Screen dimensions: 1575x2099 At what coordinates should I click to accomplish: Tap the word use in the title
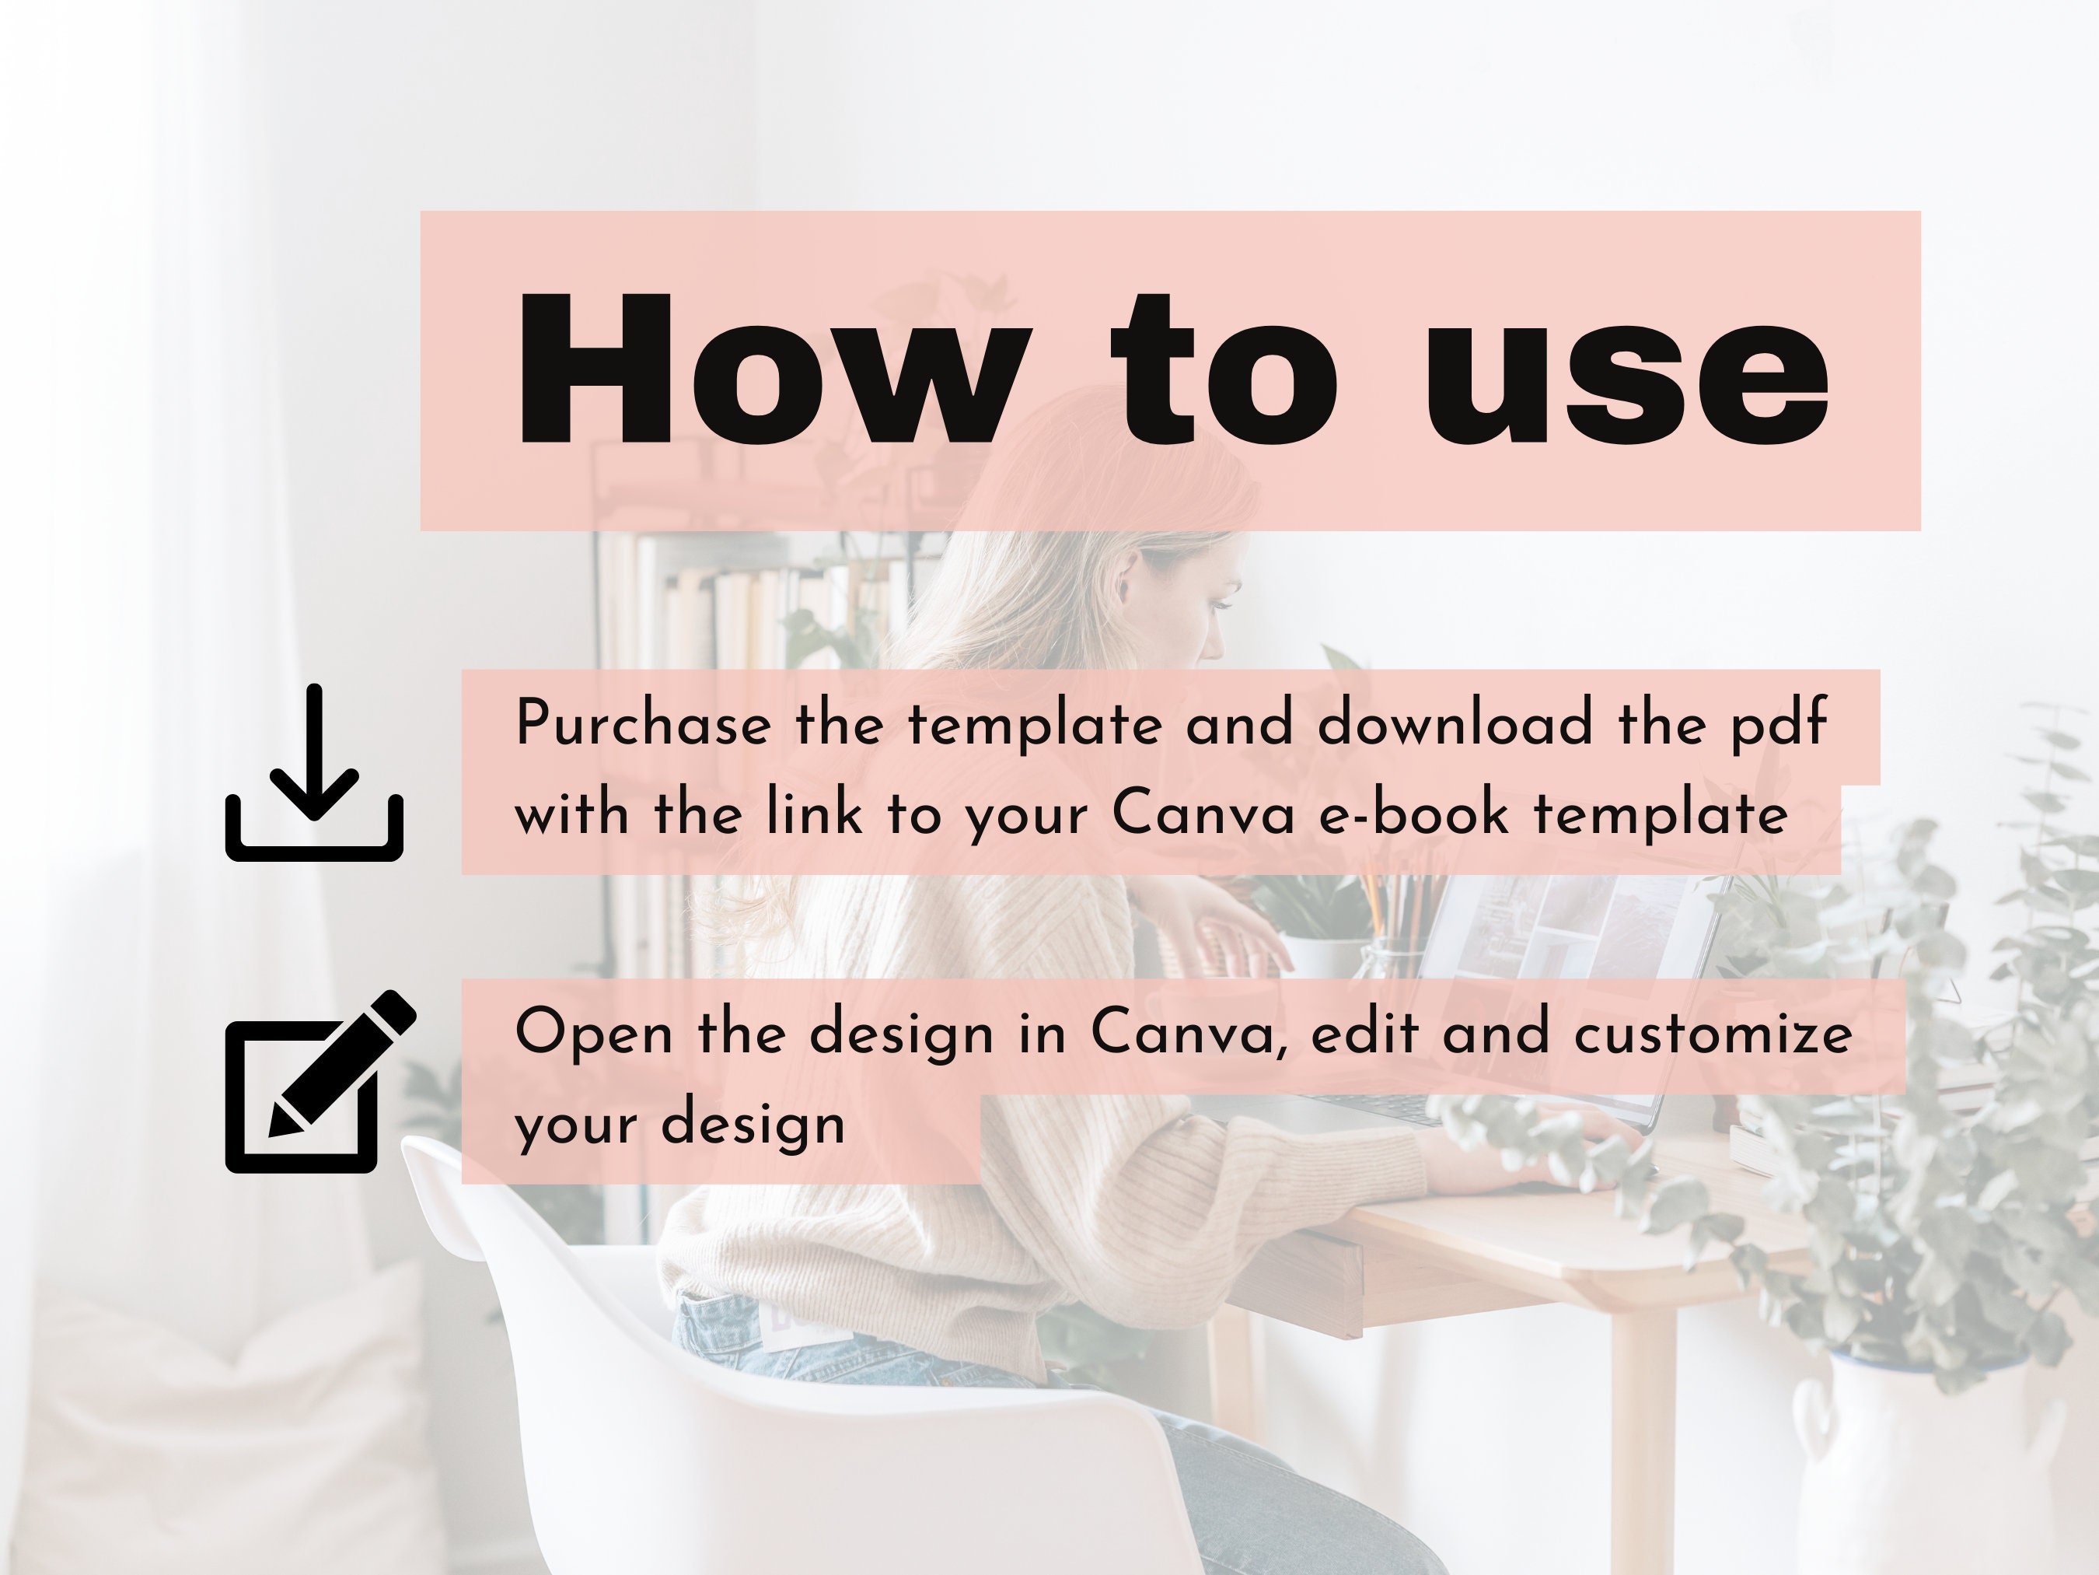1625,380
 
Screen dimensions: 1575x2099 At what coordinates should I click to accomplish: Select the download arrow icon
314,773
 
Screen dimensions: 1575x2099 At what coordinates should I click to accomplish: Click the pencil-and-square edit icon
318,1083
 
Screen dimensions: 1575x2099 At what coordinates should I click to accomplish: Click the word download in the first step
1455,723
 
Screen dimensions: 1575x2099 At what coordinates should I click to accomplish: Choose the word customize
1713,1033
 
